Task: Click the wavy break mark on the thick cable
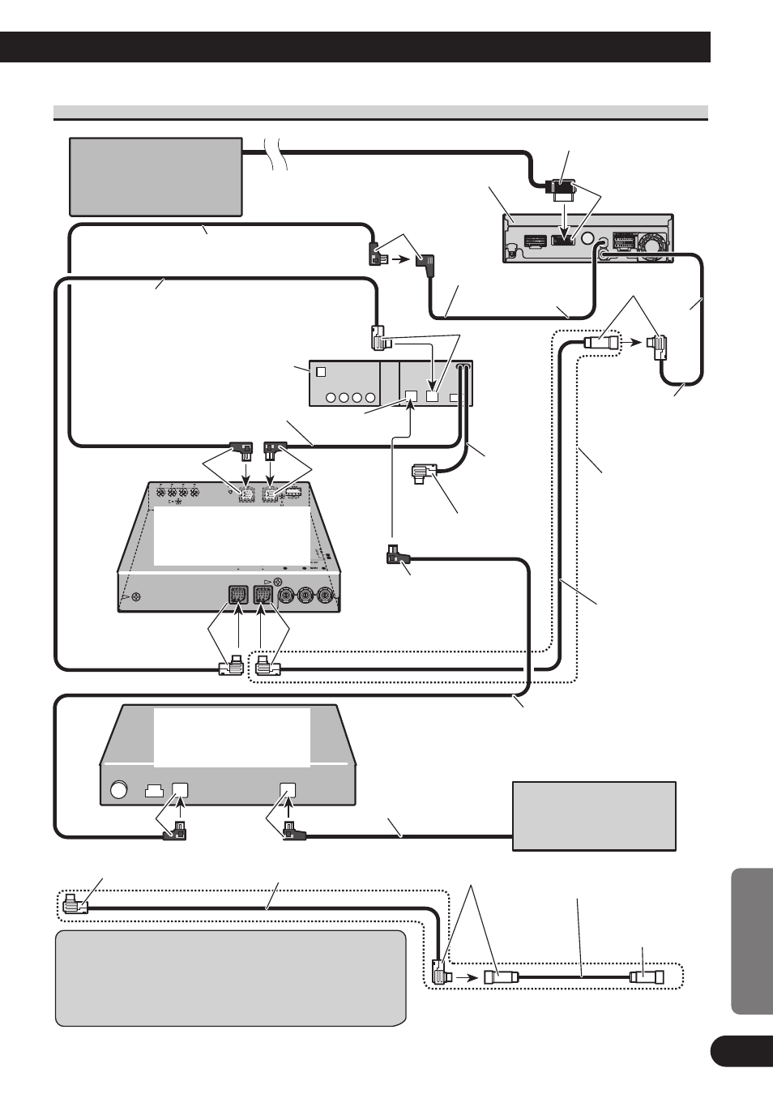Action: point(279,151)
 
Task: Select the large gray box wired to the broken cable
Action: point(156,177)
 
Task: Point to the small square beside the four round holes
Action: point(320,373)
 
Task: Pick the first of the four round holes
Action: point(331,398)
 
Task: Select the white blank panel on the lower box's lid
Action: point(232,737)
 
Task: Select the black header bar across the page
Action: point(355,47)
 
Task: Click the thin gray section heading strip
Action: point(381,112)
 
